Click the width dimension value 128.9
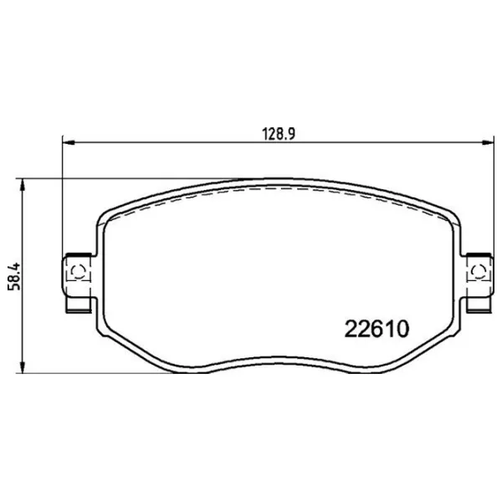(x=279, y=134)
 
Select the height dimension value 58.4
(x=15, y=277)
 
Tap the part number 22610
(x=376, y=329)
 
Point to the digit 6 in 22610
(x=376, y=329)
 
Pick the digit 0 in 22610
(x=402, y=329)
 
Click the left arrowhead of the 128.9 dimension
(x=69, y=142)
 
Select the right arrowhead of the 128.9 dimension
(x=488, y=142)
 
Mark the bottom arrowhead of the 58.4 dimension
(x=23, y=366)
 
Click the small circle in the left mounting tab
(x=78, y=272)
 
